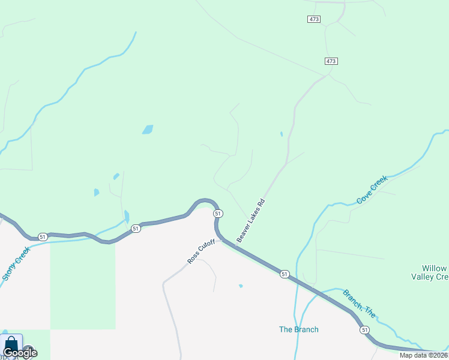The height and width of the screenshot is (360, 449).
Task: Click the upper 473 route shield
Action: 314,19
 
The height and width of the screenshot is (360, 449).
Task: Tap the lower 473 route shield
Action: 331,61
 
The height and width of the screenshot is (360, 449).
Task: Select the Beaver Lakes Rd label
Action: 250,221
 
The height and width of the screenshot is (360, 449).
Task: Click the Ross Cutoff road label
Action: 201,251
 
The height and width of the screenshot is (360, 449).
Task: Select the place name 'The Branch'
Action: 299,329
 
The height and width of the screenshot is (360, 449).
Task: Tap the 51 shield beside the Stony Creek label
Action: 42,237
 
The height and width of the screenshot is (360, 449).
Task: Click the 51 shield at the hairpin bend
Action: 218,214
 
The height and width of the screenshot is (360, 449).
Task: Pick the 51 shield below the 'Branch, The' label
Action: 364,330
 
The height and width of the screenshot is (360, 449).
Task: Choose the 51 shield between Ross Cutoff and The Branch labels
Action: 285,274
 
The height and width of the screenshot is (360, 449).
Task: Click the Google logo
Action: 20,353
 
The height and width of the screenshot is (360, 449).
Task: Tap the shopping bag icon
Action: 11,345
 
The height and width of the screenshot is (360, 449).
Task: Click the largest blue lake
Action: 148,129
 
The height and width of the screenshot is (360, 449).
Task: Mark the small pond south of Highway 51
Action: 241,286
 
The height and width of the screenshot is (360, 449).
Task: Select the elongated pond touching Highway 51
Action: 126,216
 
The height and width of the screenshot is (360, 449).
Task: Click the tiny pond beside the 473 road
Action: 282,134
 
